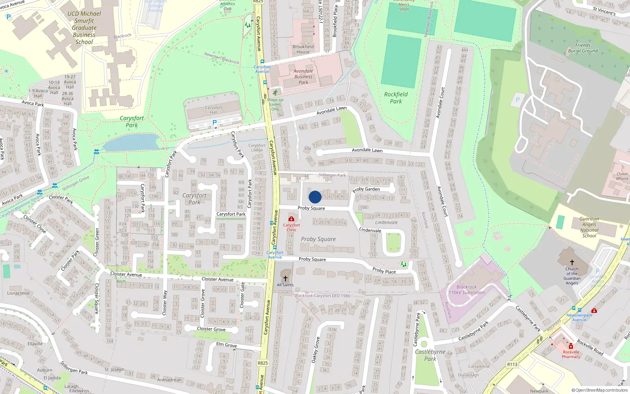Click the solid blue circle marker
pyautogui.click(x=315, y=197)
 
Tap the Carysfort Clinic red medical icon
pyautogui.click(x=291, y=219)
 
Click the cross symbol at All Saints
pyautogui.click(x=285, y=278)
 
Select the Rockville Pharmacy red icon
pyautogui.click(x=571, y=346)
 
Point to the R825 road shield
pyautogui.click(x=263, y=363)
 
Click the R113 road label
pyautogui.click(x=512, y=364)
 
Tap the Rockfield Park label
pyautogui.click(x=396, y=98)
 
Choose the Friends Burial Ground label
pyautogui.click(x=583, y=48)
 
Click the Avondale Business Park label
pyautogui.click(x=303, y=77)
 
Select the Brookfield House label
pyautogui.click(x=303, y=49)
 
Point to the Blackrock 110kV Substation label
pyautogui.click(x=467, y=290)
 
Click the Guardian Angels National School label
pyautogui.click(x=589, y=227)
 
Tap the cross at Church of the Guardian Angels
pyautogui.click(x=572, y=262)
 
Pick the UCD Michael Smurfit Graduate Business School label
pyautogui.click(x=84, y=28)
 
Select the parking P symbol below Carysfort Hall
pyautogui.click(x=215, y=123)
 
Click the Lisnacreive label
pyautogui.click(x=19, y=293)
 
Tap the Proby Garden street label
pyautogui.click(x=367, y=189)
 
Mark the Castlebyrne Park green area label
pyautogui.click(x=430, y=355)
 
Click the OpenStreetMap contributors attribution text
pyautogui.click(x=600, y=390)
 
